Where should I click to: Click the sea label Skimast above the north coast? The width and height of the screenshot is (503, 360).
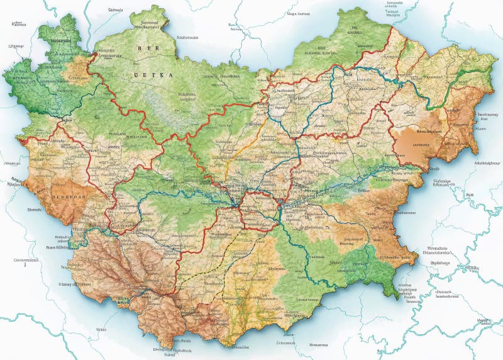click(x=115, y=10)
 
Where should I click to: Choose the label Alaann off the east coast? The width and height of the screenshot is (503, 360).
click(x=481, y=128)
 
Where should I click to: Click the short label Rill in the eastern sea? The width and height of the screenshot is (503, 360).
click(x=469, y=195)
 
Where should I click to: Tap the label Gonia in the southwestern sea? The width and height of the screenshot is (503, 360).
click(x=101, y=329)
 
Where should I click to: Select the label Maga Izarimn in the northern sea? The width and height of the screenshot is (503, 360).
click(x=298, y=13)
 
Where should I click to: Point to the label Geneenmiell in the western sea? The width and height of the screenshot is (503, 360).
click(x=26, y=259)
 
